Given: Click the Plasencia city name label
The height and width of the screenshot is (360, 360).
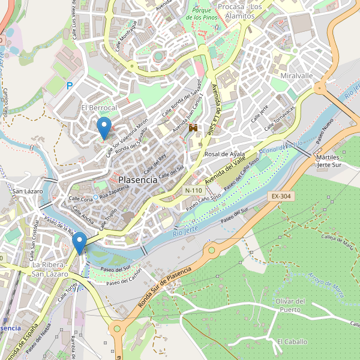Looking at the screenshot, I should click(x=138, y=179).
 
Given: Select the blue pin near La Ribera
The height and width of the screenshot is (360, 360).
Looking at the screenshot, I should click(x=79, y=243).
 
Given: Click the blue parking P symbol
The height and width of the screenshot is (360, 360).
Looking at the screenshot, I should click(x=70, y=86).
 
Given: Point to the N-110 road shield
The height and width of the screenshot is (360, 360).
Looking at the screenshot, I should click(x=193, y=190).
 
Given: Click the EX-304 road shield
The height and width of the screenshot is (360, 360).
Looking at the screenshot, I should click(x=280, y=196).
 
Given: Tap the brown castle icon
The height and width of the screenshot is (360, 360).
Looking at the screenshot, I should click(x=193, y=128).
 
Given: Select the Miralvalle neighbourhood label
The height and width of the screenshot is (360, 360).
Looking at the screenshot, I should click(x=296, y=76).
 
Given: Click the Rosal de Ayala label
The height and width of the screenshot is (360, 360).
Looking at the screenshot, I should click(x=225, y=154).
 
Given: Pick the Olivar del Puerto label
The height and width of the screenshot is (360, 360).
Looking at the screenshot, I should click(x=290, y=305).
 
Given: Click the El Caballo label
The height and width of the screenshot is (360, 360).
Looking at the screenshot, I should click(x=292, y=341).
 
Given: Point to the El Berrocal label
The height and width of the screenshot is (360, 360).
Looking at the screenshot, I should click(x=99, y=107).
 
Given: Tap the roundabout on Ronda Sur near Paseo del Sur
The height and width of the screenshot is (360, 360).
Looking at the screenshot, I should click(x=211, y=249).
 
